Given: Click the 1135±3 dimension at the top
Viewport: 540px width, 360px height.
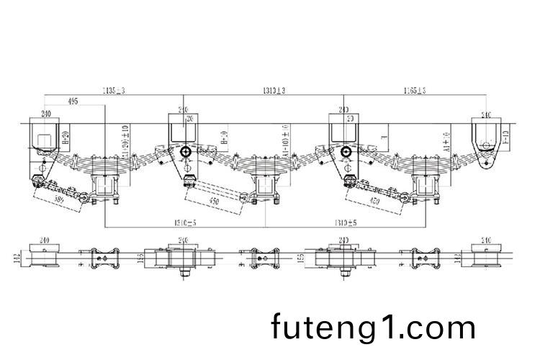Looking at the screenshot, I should tap(114, 90).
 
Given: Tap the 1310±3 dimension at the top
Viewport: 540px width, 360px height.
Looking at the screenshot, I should tap(274, 90).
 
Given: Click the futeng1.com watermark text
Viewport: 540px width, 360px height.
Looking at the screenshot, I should tap(374, 327).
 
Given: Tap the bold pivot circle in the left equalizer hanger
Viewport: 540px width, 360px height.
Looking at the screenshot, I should tap(186, 152).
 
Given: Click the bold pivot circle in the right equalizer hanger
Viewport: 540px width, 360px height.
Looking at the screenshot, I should tap(346, 152).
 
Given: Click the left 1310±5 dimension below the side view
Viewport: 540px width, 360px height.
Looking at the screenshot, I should tap(186, 222).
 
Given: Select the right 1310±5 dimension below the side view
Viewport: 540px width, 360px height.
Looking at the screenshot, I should tap(346, 222).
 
